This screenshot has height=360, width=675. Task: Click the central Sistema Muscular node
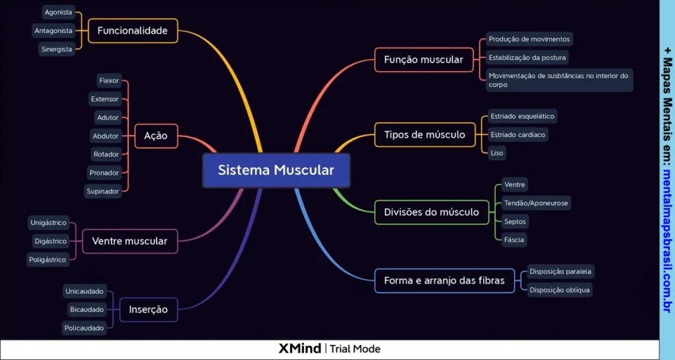pos(276,170)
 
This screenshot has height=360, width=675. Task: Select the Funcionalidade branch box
pos(132,30)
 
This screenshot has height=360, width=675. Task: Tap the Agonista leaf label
pos(58,12)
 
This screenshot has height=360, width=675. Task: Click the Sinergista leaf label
pos(57,49)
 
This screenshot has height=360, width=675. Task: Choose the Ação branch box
pos(156,136)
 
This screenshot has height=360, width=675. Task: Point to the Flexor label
pos(109,80)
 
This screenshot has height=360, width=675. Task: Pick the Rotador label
pos(106,154)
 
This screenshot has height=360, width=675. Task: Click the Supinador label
pos(103,191)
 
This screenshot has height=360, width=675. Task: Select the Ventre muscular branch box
pos(130,241)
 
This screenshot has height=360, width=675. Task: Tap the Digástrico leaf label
pos(50,241)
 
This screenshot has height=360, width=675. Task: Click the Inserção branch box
pos(148,309)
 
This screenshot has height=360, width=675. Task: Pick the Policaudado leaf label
pos(84,328)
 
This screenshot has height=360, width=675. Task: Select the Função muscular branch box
pos(423,59)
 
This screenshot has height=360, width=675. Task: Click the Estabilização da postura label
pos(527,57)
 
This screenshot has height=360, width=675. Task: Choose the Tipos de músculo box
pos(425,135)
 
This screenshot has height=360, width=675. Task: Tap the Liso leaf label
pos(497,152)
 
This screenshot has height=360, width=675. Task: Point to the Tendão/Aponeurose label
pos(535,203)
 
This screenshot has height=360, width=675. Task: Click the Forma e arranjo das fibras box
pos(444,280)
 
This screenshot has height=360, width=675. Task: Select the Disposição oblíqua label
pos(560,289)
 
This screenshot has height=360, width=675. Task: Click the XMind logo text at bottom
pos(300,349)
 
